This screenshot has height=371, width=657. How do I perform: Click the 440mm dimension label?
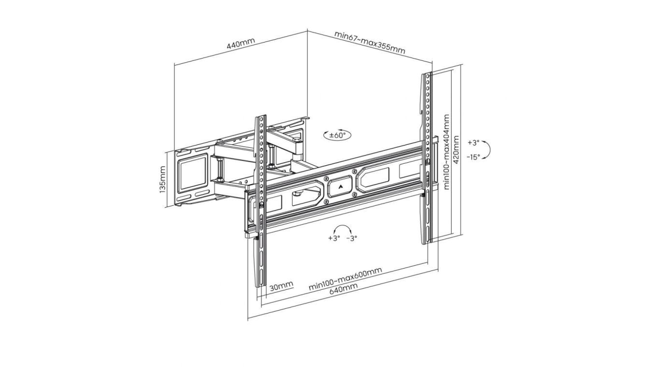point(241,44)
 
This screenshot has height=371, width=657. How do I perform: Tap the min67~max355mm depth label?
point(370,43)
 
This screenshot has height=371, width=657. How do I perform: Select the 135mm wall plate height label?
point(162,180)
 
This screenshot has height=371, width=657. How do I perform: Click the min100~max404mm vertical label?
point(446,152)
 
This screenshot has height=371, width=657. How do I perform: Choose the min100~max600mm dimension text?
point(345,279)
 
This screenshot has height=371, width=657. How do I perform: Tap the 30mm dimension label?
point(281,286)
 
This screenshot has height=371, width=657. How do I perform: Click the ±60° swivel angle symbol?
point(337,135)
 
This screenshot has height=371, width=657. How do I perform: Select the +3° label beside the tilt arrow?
point(473,143)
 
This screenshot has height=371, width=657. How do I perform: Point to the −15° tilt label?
point(473,157)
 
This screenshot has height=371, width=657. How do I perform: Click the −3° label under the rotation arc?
point(352,238)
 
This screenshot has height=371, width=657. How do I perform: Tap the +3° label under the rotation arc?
point(334,238)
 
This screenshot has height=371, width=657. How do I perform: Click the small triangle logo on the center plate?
point(340,186)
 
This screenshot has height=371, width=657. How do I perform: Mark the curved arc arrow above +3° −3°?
point(343,226)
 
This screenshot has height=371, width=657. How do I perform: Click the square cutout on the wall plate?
point(193,173)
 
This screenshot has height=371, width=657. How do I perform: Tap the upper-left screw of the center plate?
point(326,178)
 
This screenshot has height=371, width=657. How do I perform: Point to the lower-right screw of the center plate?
point(354,194)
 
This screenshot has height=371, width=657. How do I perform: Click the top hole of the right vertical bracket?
point(428,76)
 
